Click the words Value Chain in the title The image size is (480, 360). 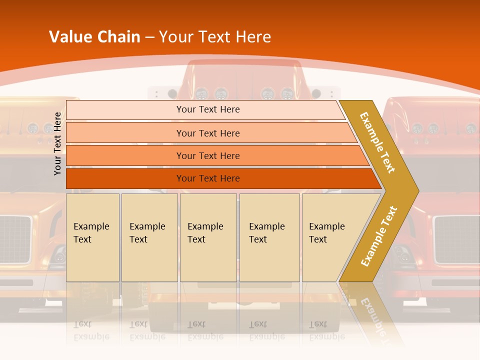pyautogui.click(x=94, y=37)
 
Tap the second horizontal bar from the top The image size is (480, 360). pyautogui.click(x=208, y=133)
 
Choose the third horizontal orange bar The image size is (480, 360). pyautogui.click(x=208, y=155)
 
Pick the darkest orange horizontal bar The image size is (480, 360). pyautogui.click(x=208, y=178)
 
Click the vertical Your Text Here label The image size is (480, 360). pyautogui.click(x=58, y=143)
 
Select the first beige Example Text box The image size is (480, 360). pyautogui.click(x=92, y=237)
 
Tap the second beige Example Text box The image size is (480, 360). pyautogui.click(x=149, y=237)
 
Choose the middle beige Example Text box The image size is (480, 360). pyautogui.click(x=208, y=237)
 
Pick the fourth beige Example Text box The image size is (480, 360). pyautogui.click(x=269, y=237)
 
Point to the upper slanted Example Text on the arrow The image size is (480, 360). pyautogui.click(x=377, y=142)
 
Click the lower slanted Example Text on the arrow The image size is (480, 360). pyautogui.click(x=379, y=236)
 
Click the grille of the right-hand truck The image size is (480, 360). pyautogui.click(x=456, y=239)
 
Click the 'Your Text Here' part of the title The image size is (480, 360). pyautogui.click(x=215, y=37)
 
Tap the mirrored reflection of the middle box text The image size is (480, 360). pyautogui.click(x=205, y=330)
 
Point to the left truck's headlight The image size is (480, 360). pyautogui.click(x=58, y=256)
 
